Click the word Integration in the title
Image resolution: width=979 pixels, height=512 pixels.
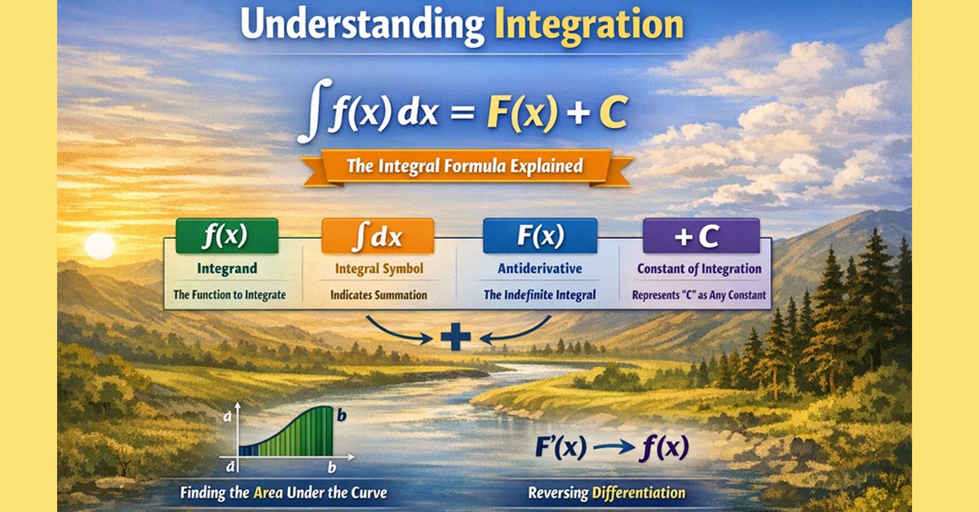tap(588, 25)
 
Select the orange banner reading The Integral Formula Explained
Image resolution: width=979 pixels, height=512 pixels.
tap(465, 166)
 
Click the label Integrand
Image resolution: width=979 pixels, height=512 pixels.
tap(228, 268)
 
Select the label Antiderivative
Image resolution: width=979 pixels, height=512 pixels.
tap(540, 268)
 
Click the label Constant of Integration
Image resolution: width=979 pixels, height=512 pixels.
tap(699, 268)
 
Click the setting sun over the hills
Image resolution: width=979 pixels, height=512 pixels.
tap(100, 245)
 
